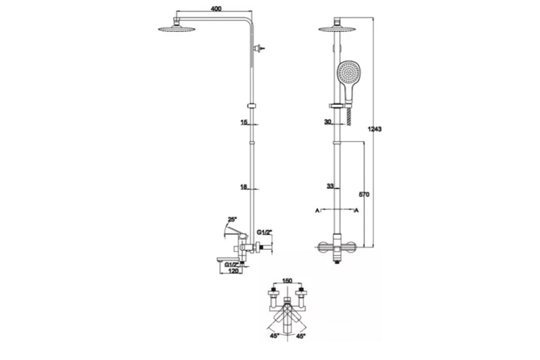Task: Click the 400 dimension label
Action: pyautogui.click(x=216, y=9)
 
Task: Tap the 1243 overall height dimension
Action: pyautogui.click(x=374, y=129)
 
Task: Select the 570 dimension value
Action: pyautogui.click(x=364, y=194)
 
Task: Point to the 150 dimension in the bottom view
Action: pyautogui.click(x=287, y=281)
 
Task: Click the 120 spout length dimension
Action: pyautogui.click(x=233, y=271)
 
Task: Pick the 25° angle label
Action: pyautogui.click(x=232, y=220)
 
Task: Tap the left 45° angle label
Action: pyautogui.click(x=274, y=336)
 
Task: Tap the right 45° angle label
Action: pyautogui.click(x=301, y=336)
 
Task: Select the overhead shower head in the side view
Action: pyautogui.click(x=177, y=29)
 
